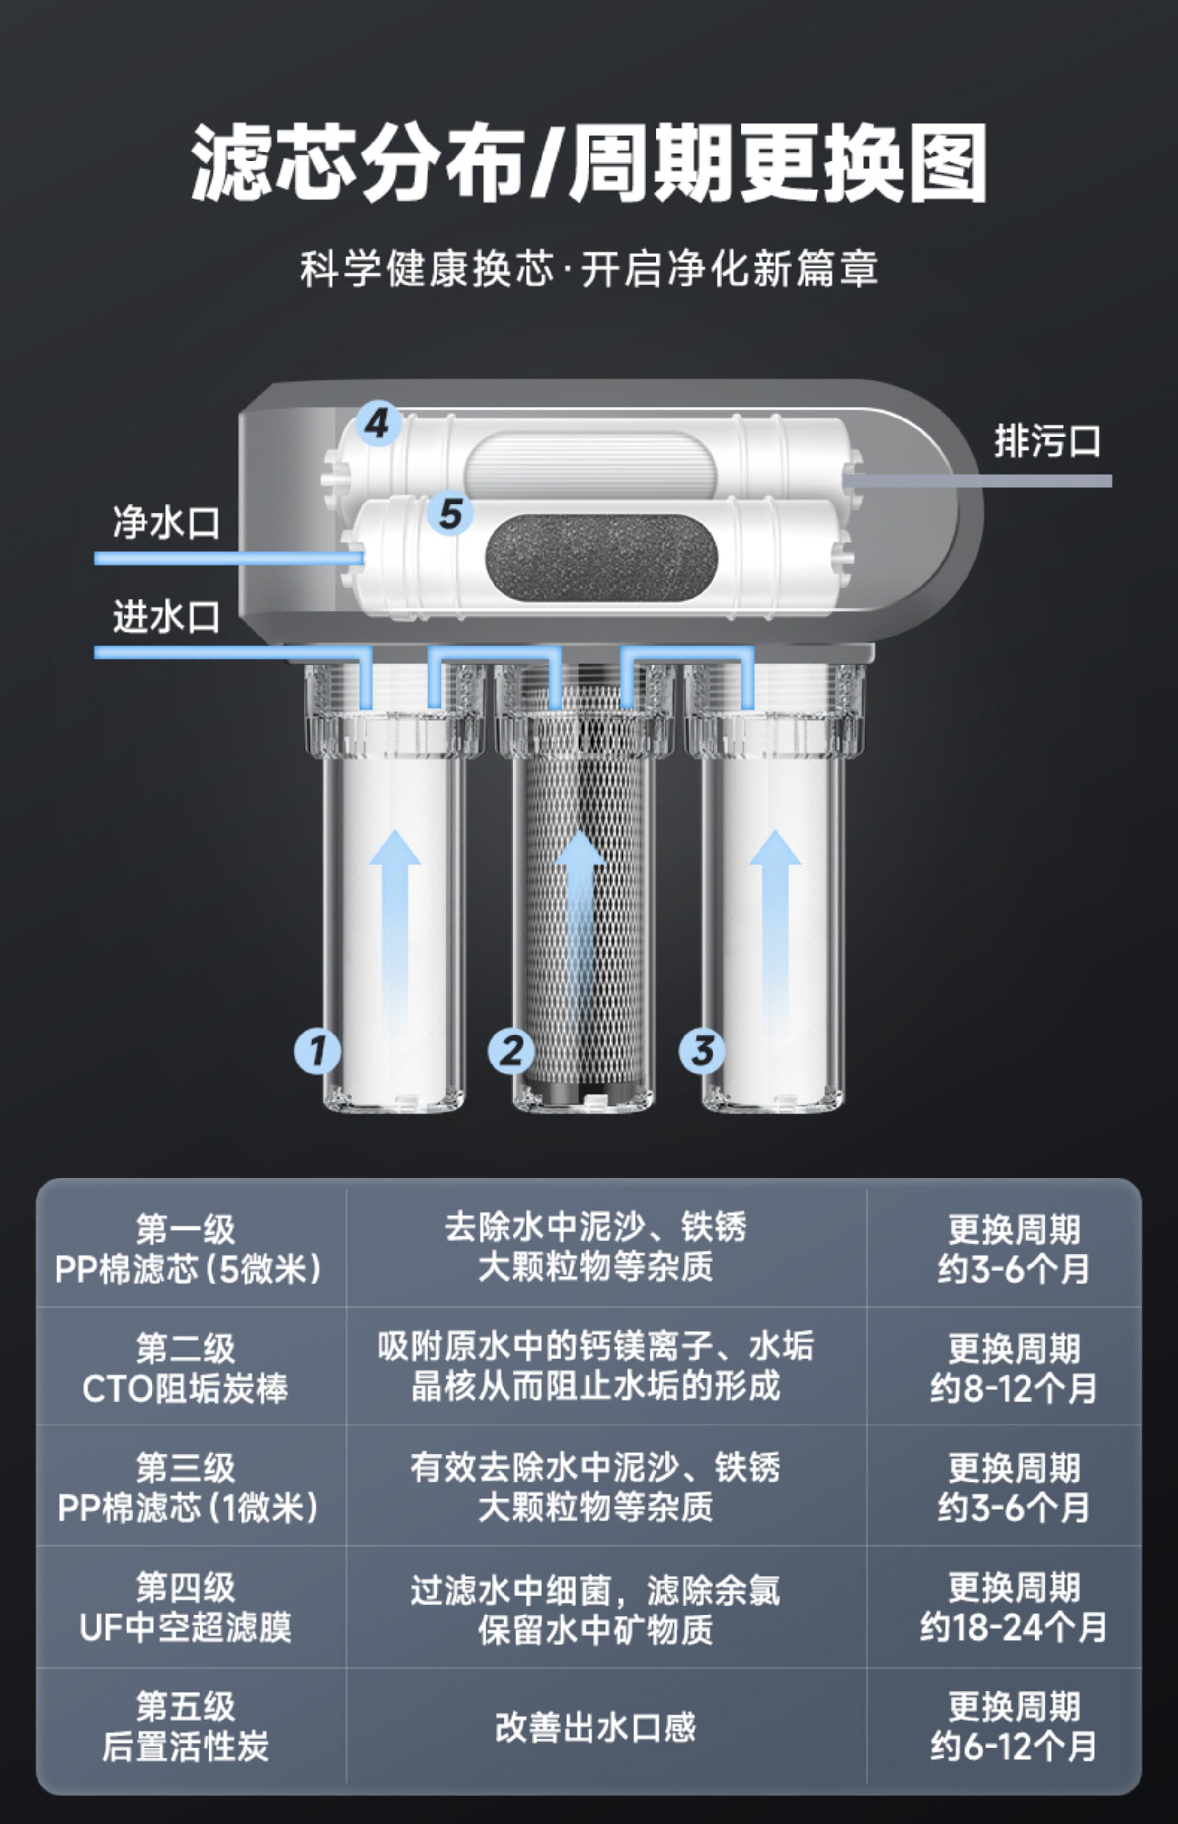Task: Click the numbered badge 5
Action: click(450, 513)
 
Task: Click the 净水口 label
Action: click(166, 522)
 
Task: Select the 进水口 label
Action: click(166, 617)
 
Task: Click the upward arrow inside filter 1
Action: click(395, 933)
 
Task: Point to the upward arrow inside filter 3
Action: click(775, 933)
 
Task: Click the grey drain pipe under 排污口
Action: click(977, 480)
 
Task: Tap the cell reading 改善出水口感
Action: click(595, 1727)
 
